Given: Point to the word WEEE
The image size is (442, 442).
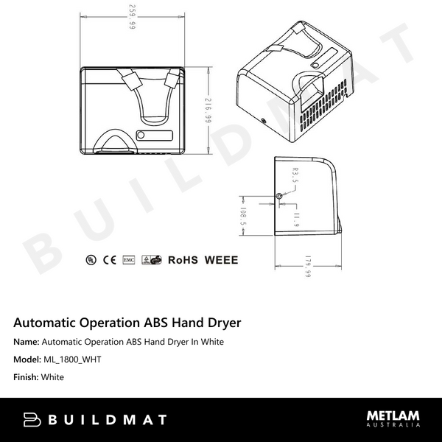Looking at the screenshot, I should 220,259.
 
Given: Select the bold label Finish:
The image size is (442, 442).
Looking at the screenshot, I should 26,377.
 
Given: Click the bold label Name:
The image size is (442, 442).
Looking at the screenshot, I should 27,342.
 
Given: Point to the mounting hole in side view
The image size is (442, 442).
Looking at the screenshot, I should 278,196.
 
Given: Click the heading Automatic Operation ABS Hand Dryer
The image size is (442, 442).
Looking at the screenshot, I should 127,323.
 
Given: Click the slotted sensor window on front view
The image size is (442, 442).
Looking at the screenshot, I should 153,136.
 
